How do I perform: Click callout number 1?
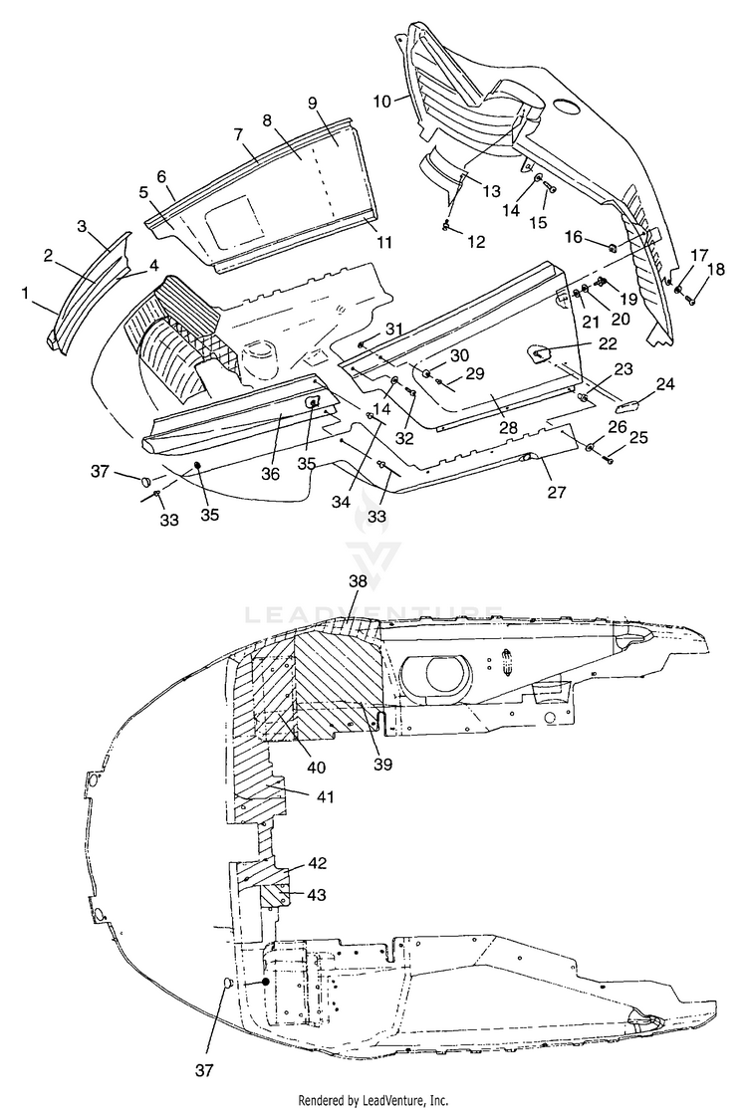tap(26, 293)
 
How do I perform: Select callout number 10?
tap(382, 102)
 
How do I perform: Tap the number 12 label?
tap(476, 242)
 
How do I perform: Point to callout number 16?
tap(575, 237)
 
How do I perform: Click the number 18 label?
tap(716, 269)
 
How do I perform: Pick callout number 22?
tap(607, 344)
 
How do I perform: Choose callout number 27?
tap(557, 492)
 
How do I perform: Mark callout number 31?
tap(394, 329)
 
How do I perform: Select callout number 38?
tap(359, 581)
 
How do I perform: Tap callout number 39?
tap(381, 764)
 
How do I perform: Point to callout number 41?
tap(325, 797)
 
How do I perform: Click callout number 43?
tap(317, 895)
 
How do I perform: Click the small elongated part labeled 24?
tap(625, 405)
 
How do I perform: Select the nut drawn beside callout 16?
tap(612, 248)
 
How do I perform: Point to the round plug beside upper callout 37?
tap(145, 480)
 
